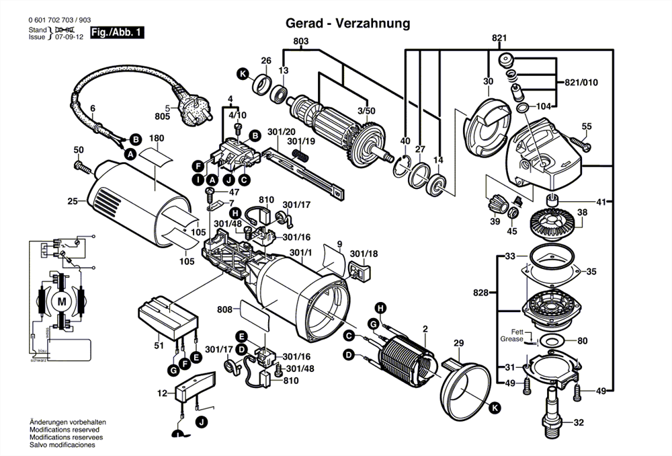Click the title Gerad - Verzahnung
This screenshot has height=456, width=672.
(x=348, y=24)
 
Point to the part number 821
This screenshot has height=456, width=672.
(x=499, y=38)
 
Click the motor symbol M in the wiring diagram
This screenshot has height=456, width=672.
(x=62, y=299)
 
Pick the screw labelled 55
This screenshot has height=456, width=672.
(x=579, y=141)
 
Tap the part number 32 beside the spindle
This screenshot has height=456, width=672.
(x=579, y=423)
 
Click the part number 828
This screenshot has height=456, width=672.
(x=480, y=293)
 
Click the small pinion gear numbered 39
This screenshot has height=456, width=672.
(x=496, y=202)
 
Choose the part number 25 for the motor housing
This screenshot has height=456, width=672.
(x=73, y=200)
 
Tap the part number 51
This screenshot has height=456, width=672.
(x=159, y=346)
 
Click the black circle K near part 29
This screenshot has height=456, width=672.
(x=495, y=408)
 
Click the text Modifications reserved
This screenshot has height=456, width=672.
(x=64, y=430)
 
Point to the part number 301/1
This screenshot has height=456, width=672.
(x=300, y=253)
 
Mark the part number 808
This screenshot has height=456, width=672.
(x=224, y=310)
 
